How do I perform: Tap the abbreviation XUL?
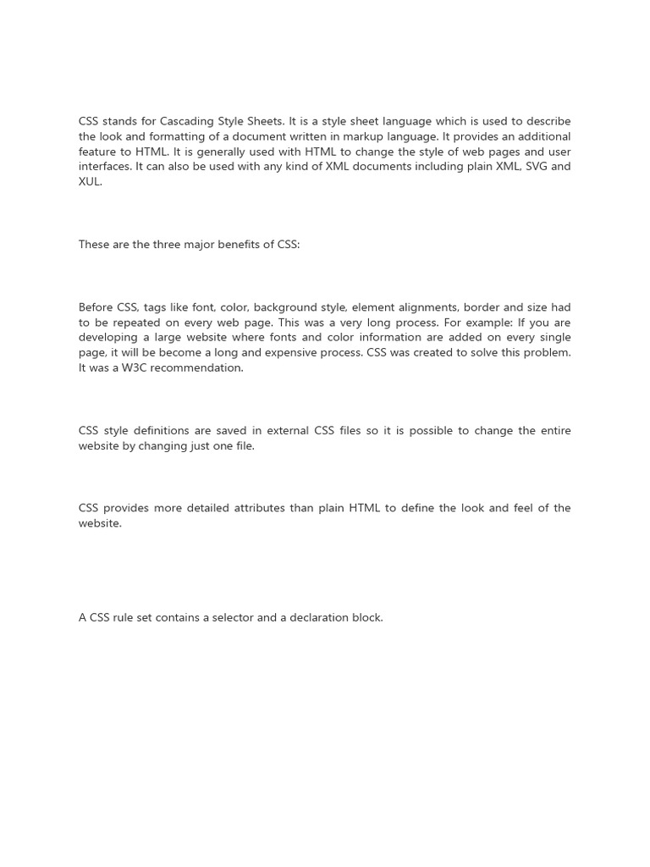(90, 182)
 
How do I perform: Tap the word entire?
(553, 431)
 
